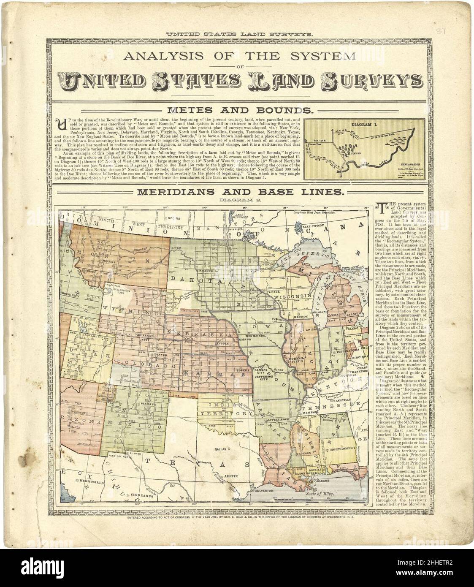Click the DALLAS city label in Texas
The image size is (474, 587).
click(221, 449)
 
